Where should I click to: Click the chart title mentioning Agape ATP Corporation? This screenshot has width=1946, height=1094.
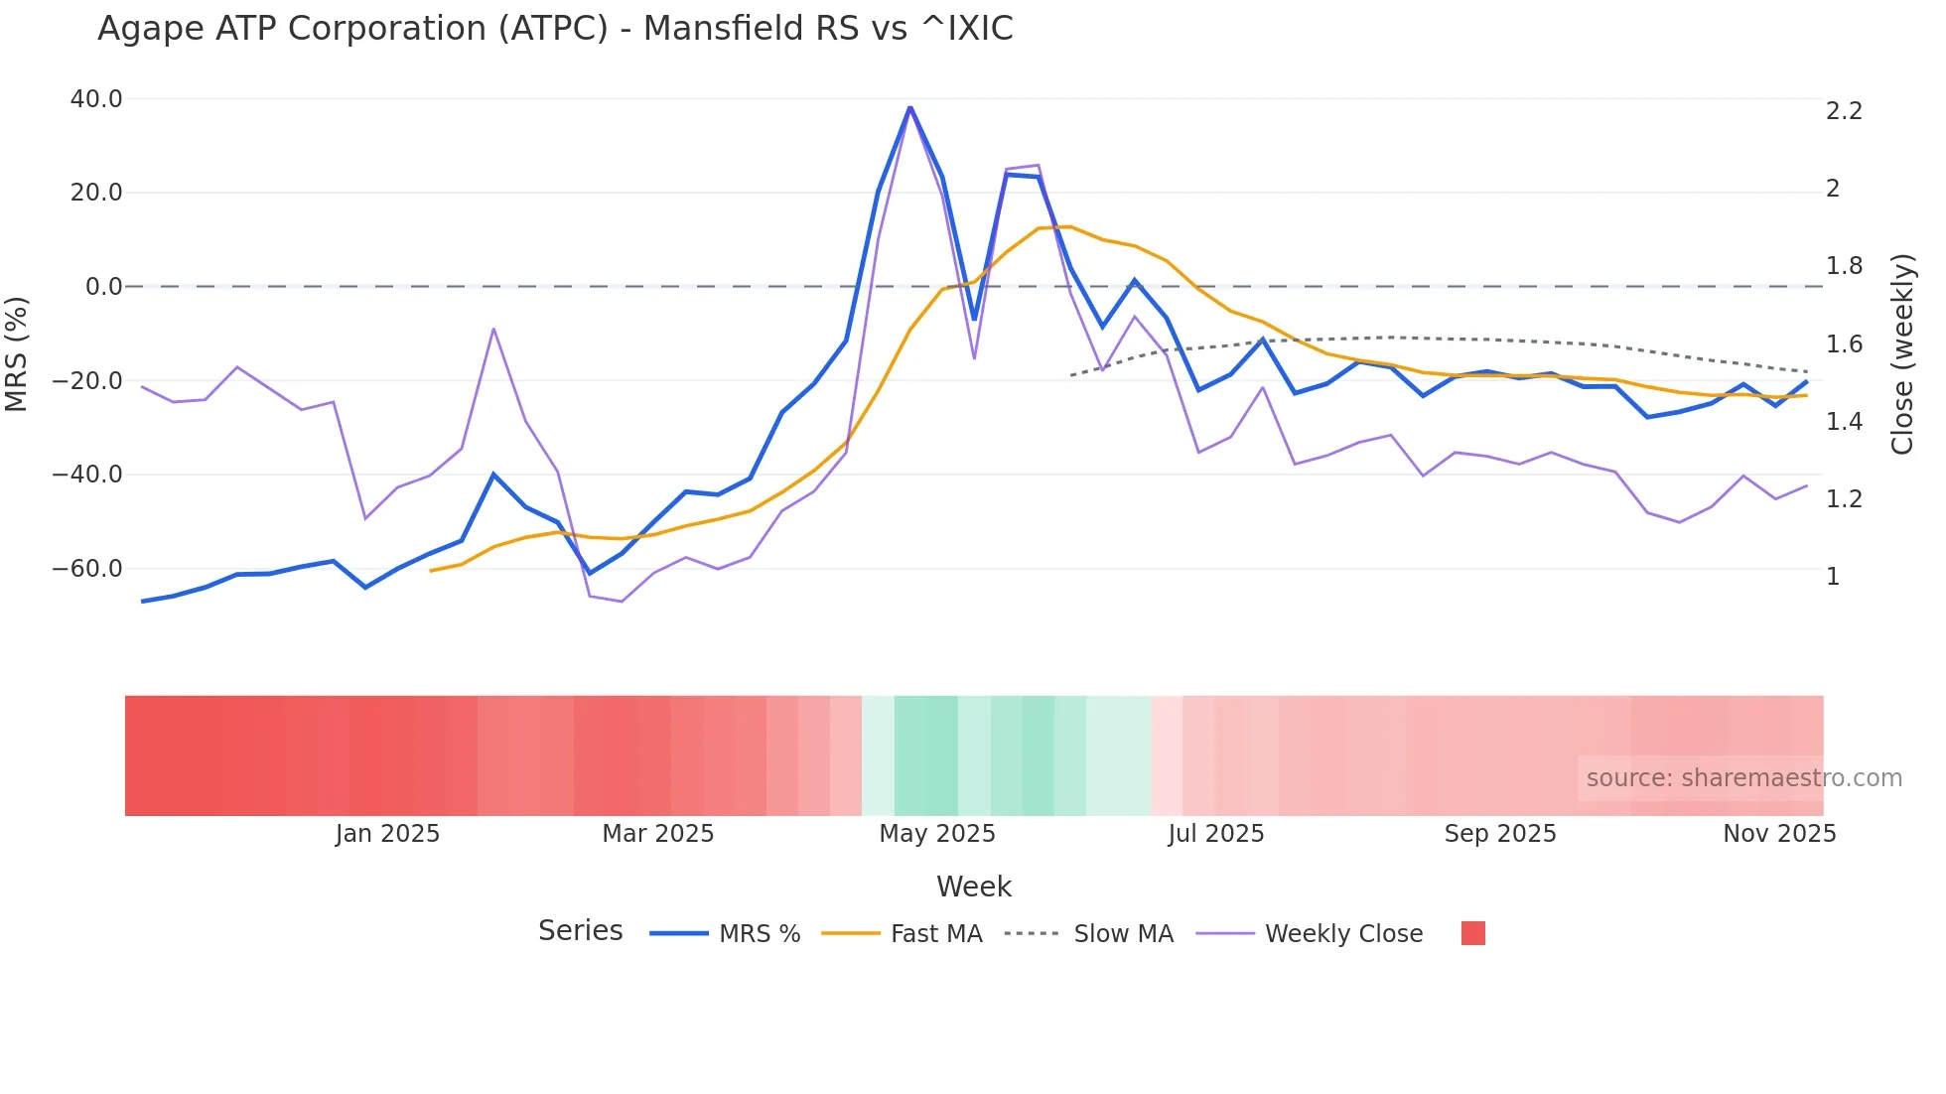point(555,29)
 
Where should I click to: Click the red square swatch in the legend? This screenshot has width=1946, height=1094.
point(1473,933)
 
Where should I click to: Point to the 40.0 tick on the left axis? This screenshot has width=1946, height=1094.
point(96,99)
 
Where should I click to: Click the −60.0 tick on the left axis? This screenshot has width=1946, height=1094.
point(88,569)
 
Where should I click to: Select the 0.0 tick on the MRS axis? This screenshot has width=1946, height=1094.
point(103,287)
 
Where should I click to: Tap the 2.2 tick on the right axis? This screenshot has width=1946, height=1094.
point(1844,111)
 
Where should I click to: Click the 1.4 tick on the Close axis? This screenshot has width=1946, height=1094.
point(1844,422)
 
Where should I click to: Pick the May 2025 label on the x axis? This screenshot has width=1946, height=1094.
point(936,834)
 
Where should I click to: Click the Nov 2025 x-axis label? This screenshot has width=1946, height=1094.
point(1778,834)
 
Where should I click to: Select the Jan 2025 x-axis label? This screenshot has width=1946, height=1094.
point(387,834)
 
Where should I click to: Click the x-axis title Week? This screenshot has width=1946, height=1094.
point(973,887)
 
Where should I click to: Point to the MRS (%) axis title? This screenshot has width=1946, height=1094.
point(17,353)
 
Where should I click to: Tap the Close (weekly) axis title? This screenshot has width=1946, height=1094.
point(1901,354)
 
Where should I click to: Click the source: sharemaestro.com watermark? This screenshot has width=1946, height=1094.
point(1743,778)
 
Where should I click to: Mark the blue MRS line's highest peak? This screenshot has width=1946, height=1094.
point(909,107)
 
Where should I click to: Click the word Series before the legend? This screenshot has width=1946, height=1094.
point(580,931)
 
